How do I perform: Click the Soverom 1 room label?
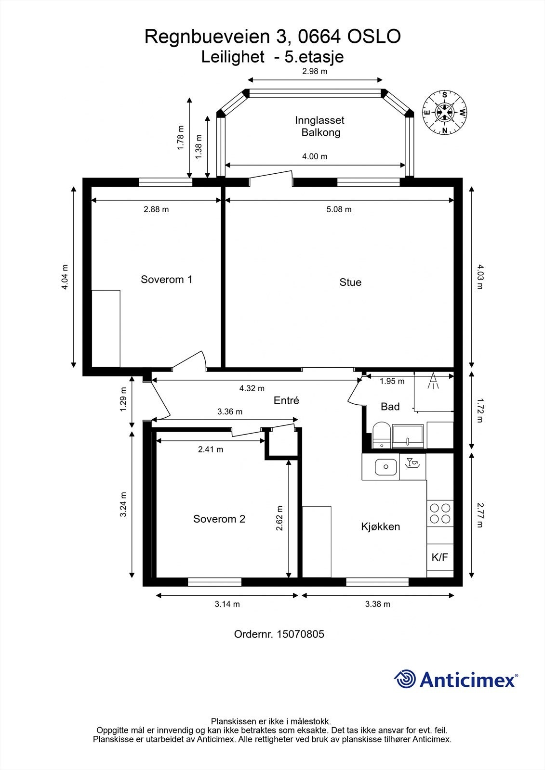pyautogui.click(x=166, y=279)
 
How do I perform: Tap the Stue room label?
pyautogui.click(x=350, y=282)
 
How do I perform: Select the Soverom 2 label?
pyautogui.click(x=219, y=519)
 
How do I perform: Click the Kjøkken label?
pyautogui.click(x=380, y=526)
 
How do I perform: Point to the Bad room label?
pyautogui.click(x=390, y=407)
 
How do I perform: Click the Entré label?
pyautogui.click(x=286, y=400)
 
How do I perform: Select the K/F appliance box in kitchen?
pyautogui.click(x=439, y=558)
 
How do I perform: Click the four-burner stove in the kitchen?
pyautogui.click(x=440, y=513)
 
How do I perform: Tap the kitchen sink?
pyautogui.click(x=385, y=466)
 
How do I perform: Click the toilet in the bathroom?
pyautogui.click(x=381, y=435)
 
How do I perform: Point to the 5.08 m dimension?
pyautogui.click(x=339, y=209)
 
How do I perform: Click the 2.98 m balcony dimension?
pyautogui.click(x=314, y=72)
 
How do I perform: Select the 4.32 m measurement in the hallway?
pyautogui.click(x=252, y=388)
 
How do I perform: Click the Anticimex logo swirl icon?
pyautogui.click(x=405, y=679)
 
